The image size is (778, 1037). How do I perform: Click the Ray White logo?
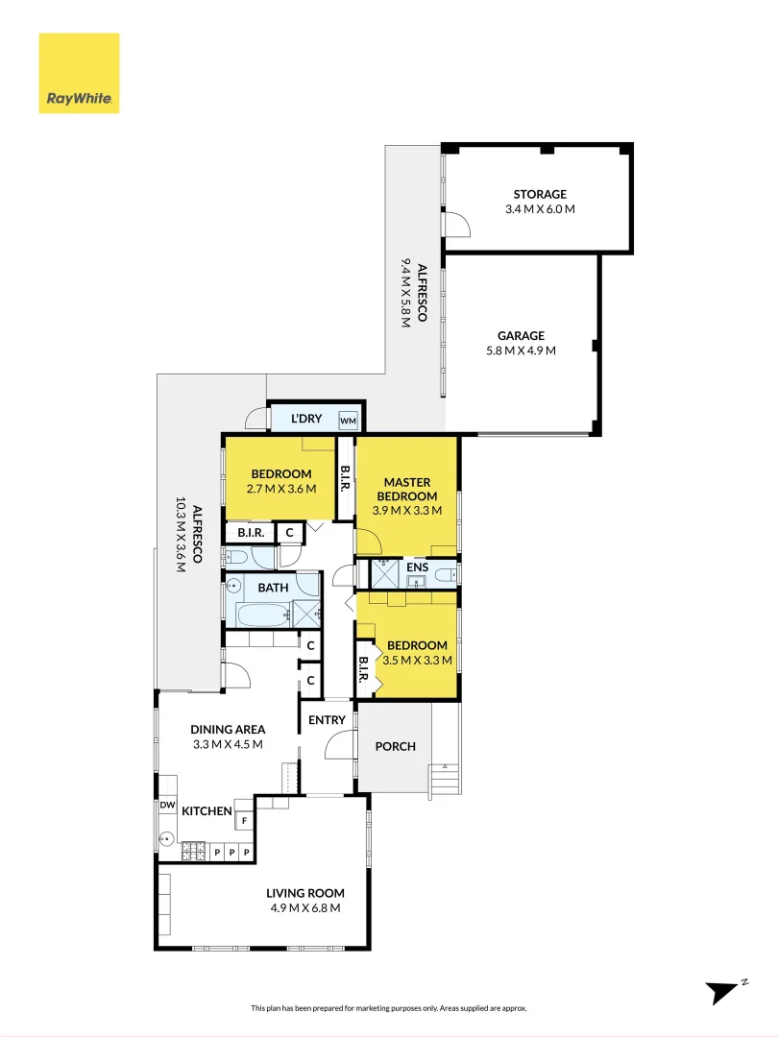(79, 73)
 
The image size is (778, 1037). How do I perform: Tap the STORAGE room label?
(539, 194)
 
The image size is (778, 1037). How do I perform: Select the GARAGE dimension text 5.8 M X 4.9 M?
(521, 350)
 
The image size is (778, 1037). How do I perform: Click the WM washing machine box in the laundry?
(347, 421)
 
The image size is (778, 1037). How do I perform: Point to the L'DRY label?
(306, 420)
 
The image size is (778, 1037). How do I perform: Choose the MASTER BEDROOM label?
(407, 489)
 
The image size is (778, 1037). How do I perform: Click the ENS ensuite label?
(417, 567)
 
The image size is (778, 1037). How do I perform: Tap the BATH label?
(273, 588)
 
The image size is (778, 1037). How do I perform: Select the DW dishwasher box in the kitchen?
(167, 806)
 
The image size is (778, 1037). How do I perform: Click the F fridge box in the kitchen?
(244, 821)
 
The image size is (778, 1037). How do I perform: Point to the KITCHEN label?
(207, 811)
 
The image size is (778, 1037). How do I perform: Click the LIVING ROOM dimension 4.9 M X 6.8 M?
(304, 907)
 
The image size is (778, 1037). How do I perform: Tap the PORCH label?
(395, 746)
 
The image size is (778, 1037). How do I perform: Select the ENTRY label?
(327, 720)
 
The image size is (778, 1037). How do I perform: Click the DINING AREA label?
(228, 730)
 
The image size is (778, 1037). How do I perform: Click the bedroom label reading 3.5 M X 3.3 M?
(416, 660)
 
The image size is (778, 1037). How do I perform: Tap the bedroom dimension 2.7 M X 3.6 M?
(281, 489)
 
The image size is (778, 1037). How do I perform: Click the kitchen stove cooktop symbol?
(194, 852)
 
